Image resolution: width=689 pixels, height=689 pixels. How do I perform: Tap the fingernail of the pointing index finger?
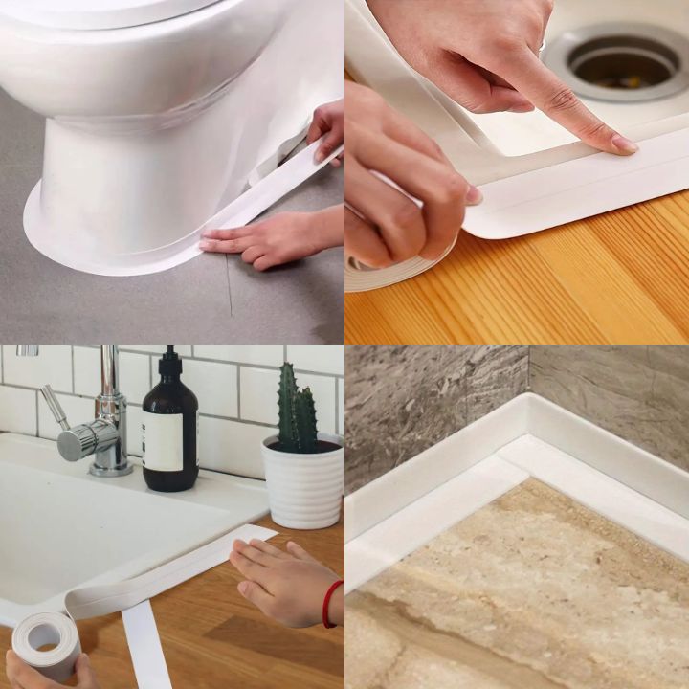[x=623, y=144]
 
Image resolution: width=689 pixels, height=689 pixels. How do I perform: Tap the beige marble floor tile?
[x=536, y=593]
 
